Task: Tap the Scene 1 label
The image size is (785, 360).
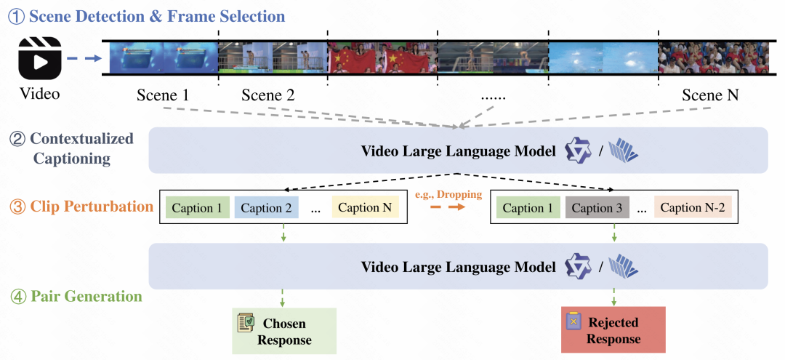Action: click(162, 95)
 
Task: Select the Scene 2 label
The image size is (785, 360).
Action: click(267, 95)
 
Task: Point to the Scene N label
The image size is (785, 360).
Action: click(710, 95)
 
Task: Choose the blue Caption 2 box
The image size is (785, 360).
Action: click(266, 208)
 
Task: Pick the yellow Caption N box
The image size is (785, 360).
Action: click(365, 208)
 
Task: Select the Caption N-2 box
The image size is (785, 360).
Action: click(691, 208)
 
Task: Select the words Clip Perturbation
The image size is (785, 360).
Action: click(92, 207)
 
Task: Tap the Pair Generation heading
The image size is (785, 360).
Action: click(86, 296)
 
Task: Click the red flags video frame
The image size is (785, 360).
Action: click(382, 56)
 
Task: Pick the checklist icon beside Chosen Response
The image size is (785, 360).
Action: click(246, 324)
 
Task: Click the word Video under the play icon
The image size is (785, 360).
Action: click(39, 95)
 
